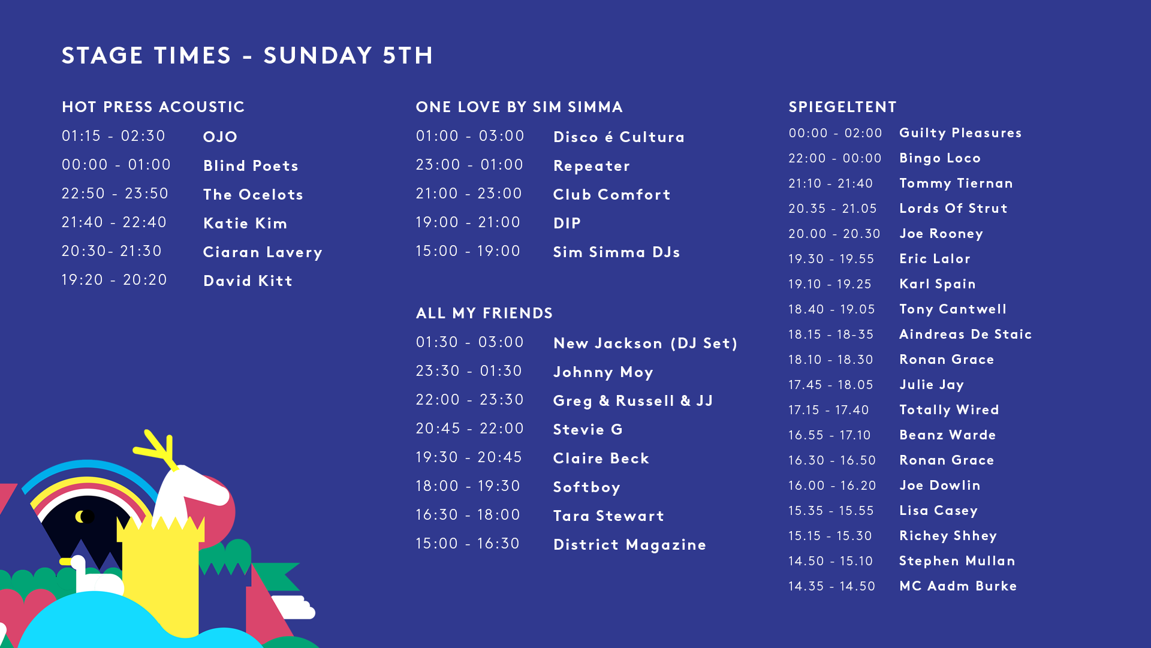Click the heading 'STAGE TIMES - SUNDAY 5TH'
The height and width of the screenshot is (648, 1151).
[x=247, y=56]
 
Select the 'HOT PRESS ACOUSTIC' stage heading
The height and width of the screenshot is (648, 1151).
[x=153, y=107]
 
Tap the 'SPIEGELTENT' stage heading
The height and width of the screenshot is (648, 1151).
[x=842, y=107]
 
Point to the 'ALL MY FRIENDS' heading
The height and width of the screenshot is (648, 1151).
[x=484, y=314]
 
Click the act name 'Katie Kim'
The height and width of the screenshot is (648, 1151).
[x=245, y=224]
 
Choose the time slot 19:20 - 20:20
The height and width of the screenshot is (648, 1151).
[x=115, y=280]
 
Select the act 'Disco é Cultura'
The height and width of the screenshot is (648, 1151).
[x=619, y=137]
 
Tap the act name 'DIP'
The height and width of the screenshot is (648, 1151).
[x=567, y=224]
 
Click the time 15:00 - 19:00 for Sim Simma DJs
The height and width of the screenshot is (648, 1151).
[x=468, y=251]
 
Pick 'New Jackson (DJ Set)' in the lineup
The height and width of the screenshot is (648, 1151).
[x=645, y=343]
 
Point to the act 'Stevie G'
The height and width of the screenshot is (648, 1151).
[x=588, y=430]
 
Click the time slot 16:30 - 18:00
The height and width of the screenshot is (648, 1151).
[x=468, y=515]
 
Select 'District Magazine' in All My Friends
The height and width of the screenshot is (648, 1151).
[x=629, y=545]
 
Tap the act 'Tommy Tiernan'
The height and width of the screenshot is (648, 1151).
[x=956, y=183]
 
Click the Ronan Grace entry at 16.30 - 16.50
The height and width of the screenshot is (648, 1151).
[x=947, y=460]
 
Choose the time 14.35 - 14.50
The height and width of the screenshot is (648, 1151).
[x=832, y=586]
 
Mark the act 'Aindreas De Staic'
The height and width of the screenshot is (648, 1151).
[x=966, y=334]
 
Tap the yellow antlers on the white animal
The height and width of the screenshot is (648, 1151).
[x=158, y=448]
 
